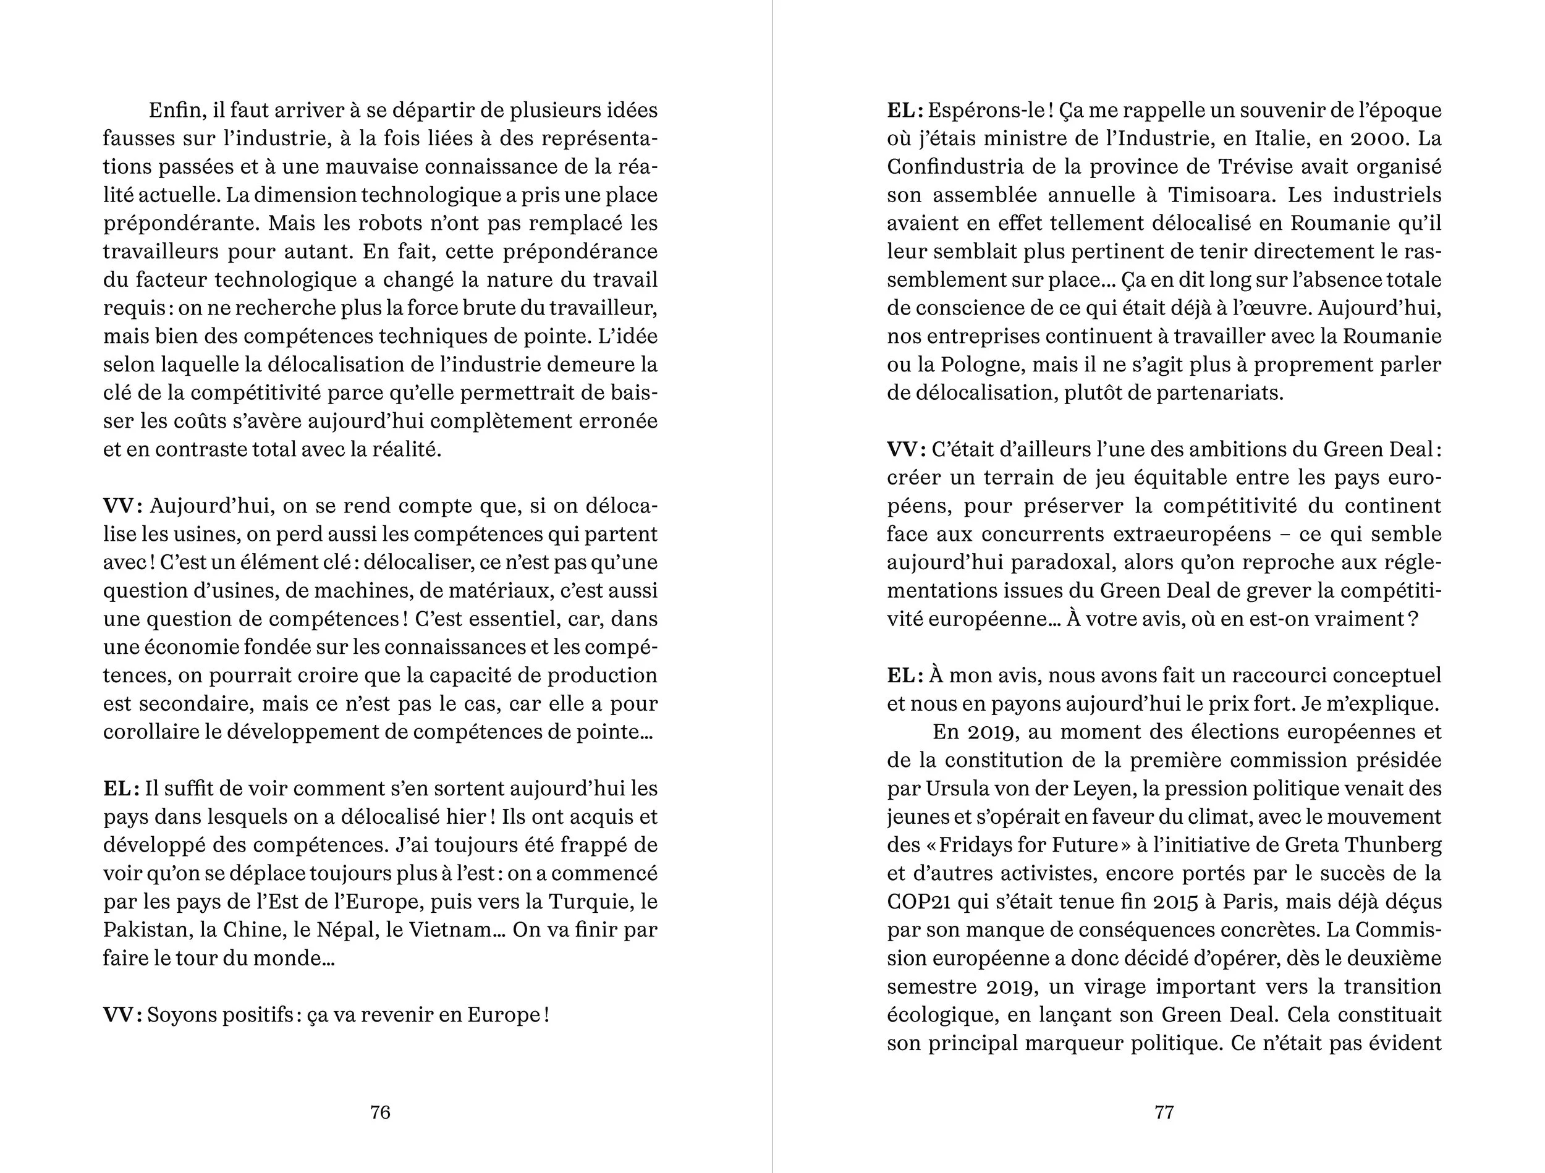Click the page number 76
click(x=380, y=1112)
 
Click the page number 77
click(x=1164, y=1112)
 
